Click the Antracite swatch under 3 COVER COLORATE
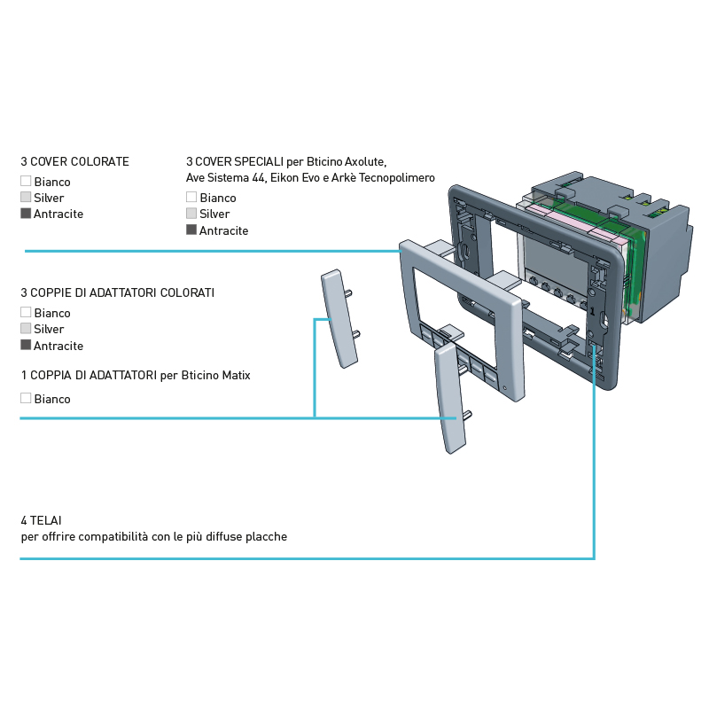point(26,213)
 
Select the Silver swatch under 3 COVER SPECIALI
point(191,213)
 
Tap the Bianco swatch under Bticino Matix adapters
point(26,398)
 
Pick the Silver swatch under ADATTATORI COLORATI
point(26,328)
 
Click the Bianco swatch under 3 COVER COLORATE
point(26,181)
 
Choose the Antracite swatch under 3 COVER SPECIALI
point(191,230)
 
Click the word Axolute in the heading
point(365,161)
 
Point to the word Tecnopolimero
point(396,178)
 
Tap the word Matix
point(236,375)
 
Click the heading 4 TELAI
point(41,520)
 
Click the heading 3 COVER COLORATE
point(75,161)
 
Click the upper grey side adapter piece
point(339,318)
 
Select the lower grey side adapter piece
point(450,398)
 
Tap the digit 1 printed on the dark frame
point(592,311)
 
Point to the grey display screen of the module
point(557,259)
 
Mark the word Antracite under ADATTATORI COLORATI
point(58,346)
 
